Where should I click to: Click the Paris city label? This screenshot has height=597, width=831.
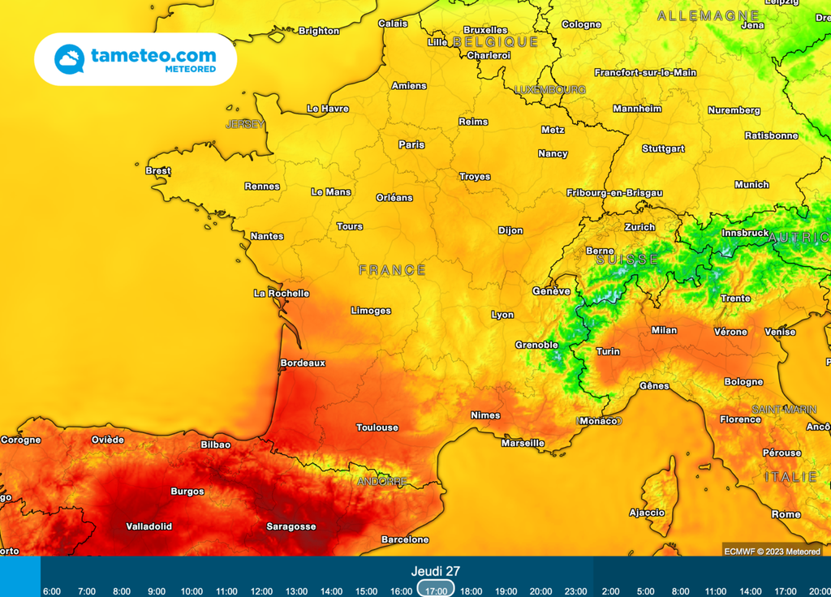click(411, 145)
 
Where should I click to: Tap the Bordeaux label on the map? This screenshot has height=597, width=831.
click(302, 363)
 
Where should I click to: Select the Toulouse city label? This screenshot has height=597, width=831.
click(377, 427)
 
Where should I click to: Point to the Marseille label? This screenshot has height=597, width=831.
click(523, 444)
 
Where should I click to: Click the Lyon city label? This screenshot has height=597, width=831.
click(502, 315)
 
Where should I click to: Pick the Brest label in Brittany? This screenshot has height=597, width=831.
click(158, 171)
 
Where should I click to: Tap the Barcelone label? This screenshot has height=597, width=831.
click(405, 539)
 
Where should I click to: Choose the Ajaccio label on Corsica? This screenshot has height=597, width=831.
click(647, 513)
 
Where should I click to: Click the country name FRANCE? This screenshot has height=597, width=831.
click(392, 270)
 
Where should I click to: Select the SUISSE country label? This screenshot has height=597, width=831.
click(626, 260)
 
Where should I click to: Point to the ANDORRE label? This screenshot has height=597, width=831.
click(381, 482)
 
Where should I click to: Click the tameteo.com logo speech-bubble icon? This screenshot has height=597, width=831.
click(69, 59)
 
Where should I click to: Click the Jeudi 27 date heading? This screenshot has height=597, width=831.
click(435, 571)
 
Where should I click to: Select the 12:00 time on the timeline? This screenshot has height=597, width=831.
click(261, 591)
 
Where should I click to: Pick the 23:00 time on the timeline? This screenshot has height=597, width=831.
click(575, 591)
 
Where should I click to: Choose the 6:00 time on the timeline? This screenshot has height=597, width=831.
click(51, 591)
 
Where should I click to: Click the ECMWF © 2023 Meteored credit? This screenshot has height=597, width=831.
click(771, 552)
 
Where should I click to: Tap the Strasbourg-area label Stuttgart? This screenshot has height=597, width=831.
click(663, 149)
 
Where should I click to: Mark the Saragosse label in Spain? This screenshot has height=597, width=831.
click(291, 526)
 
